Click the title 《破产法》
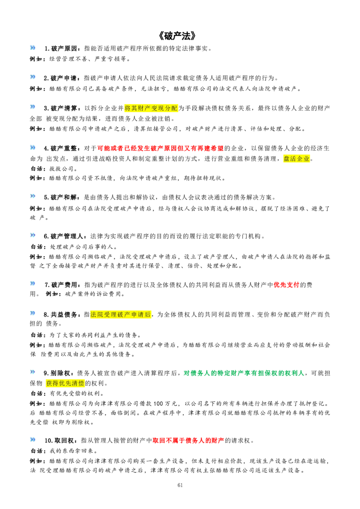[178, 35]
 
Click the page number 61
[180, 485]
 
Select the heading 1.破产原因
[61, 49]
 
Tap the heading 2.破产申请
[61, 78]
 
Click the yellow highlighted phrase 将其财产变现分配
[151, 108]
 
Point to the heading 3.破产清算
[61, 108]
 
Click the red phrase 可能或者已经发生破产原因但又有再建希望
[161, 148]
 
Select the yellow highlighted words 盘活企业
[297, 159]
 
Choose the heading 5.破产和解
[61, 197]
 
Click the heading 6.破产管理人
[64, 237]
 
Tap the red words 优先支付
[286, 285]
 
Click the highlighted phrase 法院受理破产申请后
[121, 314]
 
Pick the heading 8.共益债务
[61, 315]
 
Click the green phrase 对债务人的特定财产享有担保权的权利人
[244, 373]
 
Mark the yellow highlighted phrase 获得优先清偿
[65, 383]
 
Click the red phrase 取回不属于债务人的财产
[189, 441]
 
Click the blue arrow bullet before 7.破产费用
[33, 283]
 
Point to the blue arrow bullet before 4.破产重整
[33, 147]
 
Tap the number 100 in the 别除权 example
[158, 403]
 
